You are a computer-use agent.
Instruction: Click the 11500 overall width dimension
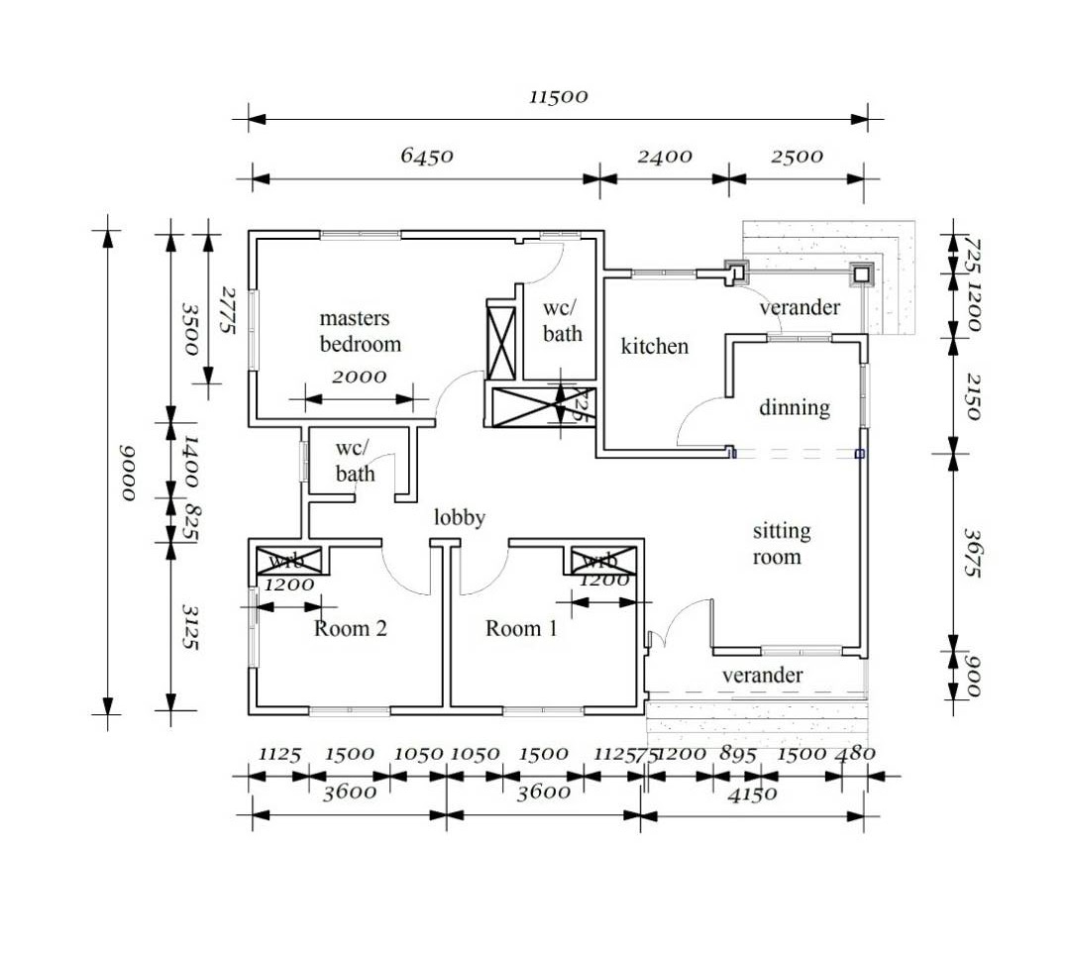click(558, 97)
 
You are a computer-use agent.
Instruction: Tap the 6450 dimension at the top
click(427, 157)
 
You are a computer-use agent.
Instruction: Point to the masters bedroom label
click(360, 331)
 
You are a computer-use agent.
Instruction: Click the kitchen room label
click(654, 347)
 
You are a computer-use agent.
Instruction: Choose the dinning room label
click(795, 408)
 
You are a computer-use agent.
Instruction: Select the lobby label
click(460, 517)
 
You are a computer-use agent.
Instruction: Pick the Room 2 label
click(350, 628)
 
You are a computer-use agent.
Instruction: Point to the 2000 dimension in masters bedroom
click(359, 377)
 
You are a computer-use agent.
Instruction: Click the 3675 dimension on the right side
click(971, 553)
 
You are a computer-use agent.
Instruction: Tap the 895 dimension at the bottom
click(737, 754)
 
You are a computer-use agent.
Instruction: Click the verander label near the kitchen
click(800, 307)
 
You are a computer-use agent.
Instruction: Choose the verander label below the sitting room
click(762, 676)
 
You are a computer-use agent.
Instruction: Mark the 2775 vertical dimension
click(227, 310)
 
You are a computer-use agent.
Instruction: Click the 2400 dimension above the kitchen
click(664, 157)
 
